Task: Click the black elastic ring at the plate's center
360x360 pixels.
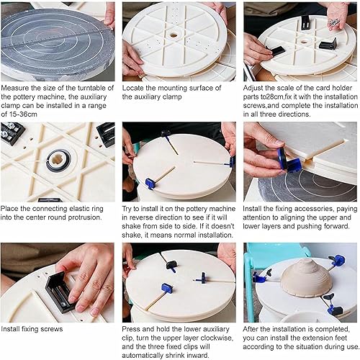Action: pos(58,161)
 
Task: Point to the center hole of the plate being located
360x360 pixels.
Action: pos(174,36)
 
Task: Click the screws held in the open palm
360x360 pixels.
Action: pos(333,22)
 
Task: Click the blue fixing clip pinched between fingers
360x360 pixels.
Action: pos(289,160)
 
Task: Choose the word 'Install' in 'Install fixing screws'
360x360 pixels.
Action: pos(10,329)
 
